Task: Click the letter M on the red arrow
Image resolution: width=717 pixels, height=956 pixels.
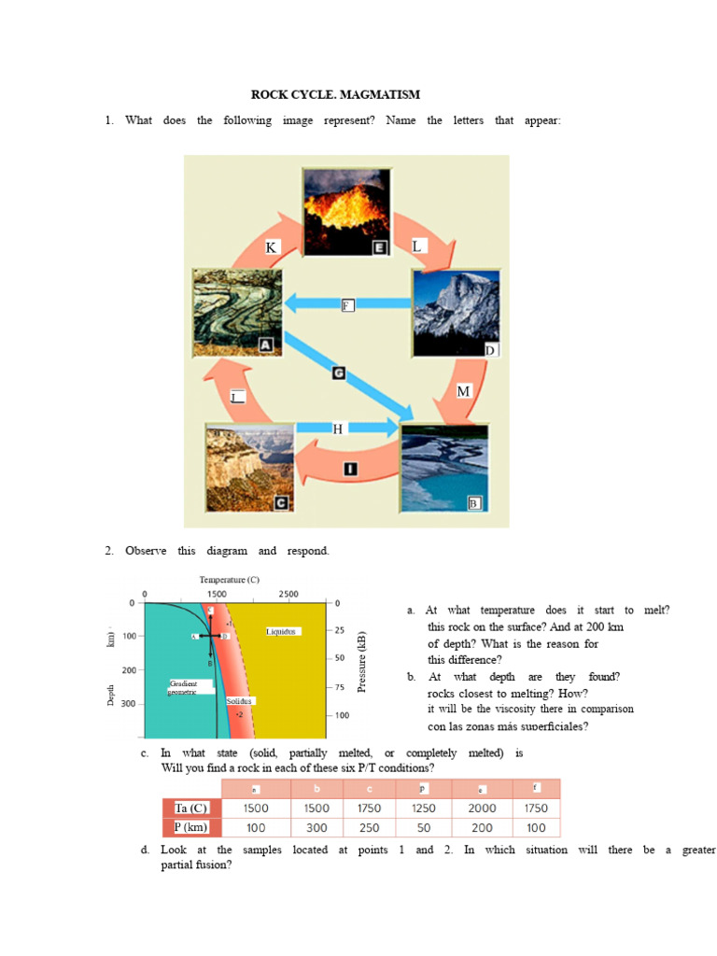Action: [463, 391]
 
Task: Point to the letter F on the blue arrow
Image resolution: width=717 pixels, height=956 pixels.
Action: [347, 305]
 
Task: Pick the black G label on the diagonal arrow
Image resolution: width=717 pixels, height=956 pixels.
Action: [339, 373]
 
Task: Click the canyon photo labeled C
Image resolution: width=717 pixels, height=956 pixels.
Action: [249, 466]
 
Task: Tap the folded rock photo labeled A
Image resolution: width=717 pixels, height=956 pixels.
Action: [236, 312]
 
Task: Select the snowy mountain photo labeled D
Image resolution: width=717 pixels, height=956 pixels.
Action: [456, 314]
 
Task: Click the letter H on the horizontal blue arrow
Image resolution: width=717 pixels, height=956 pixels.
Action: [338, 429]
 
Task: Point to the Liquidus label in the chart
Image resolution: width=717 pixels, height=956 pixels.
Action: [281, 631]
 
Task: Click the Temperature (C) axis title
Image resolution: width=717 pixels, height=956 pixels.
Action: [229, 579]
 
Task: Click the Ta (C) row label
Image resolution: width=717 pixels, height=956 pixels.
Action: [191, 808]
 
